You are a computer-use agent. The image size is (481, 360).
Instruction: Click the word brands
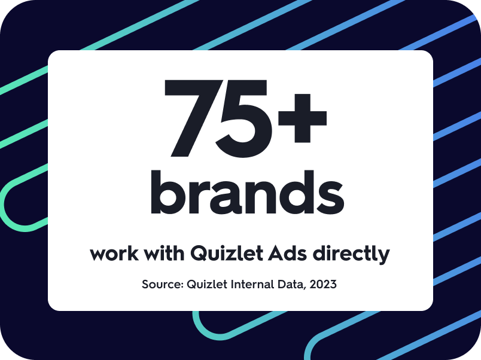(246, 192)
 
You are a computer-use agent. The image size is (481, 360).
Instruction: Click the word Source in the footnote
(160, 284)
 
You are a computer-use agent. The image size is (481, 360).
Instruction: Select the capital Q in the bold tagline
(198, 254)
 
